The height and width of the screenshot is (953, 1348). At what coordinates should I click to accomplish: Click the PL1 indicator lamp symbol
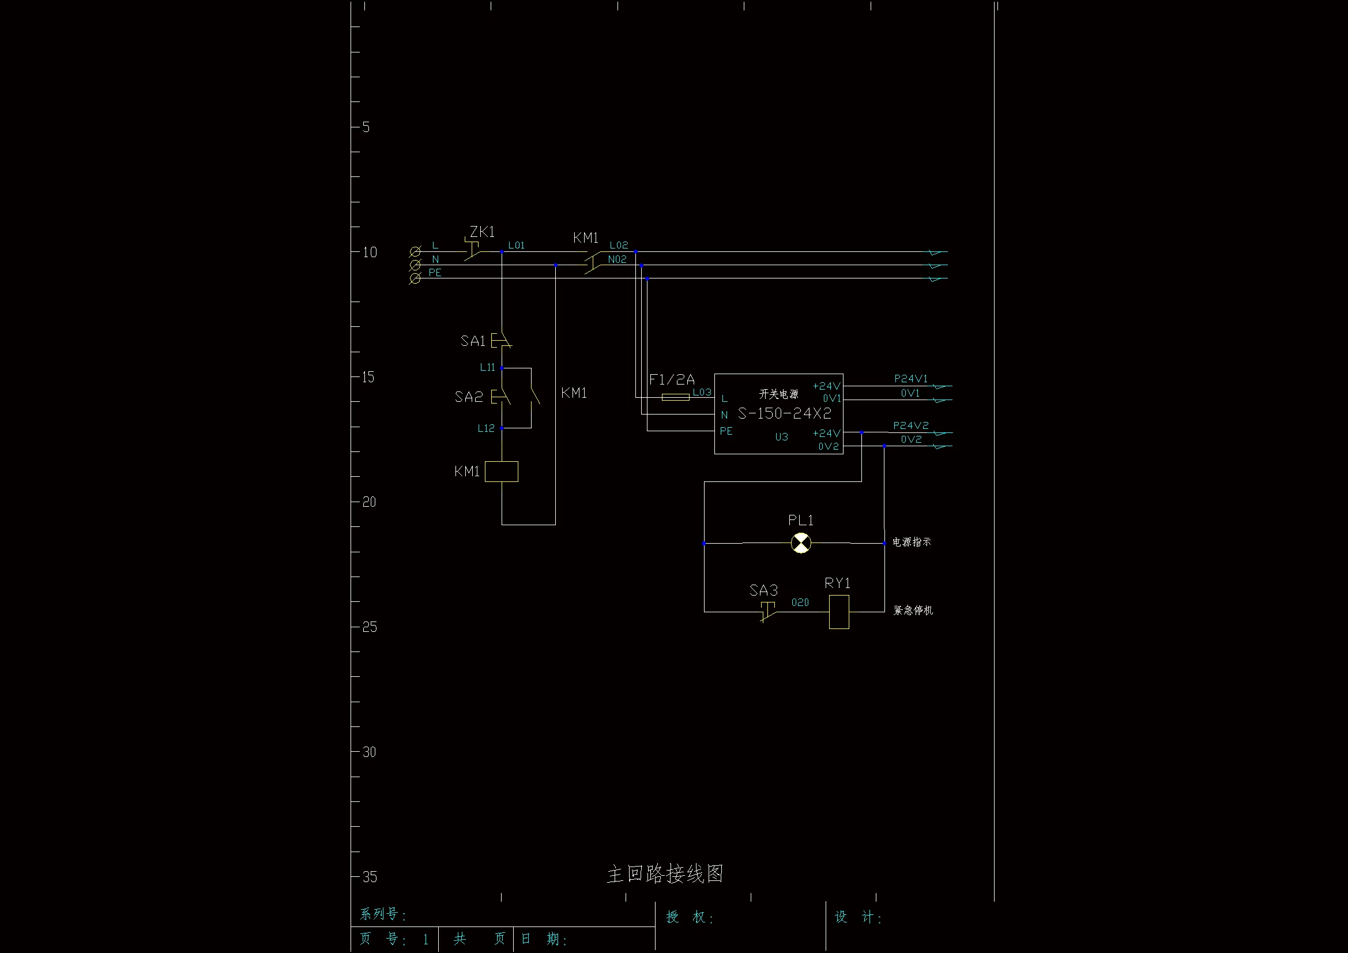(x=801, y=543)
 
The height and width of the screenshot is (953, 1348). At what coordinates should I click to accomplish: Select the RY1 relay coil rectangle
(x=839, y=612)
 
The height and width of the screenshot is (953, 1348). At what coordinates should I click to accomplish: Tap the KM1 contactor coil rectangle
(x=502, y=472)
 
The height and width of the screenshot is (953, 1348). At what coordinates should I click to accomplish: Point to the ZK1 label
(x=482, y=232)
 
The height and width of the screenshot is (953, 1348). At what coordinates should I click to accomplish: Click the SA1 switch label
(x=473, y=341)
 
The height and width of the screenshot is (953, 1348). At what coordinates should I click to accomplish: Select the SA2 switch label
(x=469, y=397)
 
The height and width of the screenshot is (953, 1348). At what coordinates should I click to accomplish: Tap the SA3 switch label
(x=763, y=590)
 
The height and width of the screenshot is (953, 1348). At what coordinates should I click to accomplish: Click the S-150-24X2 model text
(x=784, y=413)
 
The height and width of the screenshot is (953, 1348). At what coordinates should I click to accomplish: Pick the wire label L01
(x=516, y=246)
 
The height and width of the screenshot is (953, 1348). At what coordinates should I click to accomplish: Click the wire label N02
(x=617, y=259)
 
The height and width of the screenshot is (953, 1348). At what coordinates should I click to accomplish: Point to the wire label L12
(x=486, y=428)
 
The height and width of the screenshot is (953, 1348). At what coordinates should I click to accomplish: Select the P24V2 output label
(x=910, y=425)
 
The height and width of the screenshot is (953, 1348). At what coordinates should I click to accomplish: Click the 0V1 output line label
(x=910, y=393)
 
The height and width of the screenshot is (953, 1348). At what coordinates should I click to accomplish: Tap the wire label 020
(x=800, y=602)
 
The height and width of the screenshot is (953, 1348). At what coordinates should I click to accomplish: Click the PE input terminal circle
(x=415, y=278)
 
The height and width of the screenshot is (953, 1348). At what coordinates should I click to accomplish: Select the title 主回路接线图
(x=665, y=874)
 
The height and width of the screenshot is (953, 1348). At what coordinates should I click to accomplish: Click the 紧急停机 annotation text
(x=913, y=611)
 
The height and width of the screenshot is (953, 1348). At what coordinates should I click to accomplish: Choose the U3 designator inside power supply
(x=781, y=437)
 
